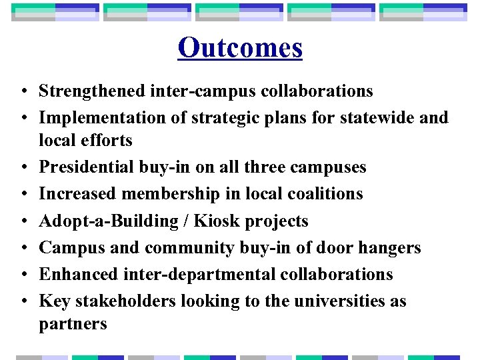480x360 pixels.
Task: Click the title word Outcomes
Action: [240, 48]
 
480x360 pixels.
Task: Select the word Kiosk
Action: [217, 221]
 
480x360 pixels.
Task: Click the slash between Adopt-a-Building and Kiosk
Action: [188, 221]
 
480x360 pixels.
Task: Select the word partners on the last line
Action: [73, 324]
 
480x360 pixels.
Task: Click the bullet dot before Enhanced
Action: [23, 275]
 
